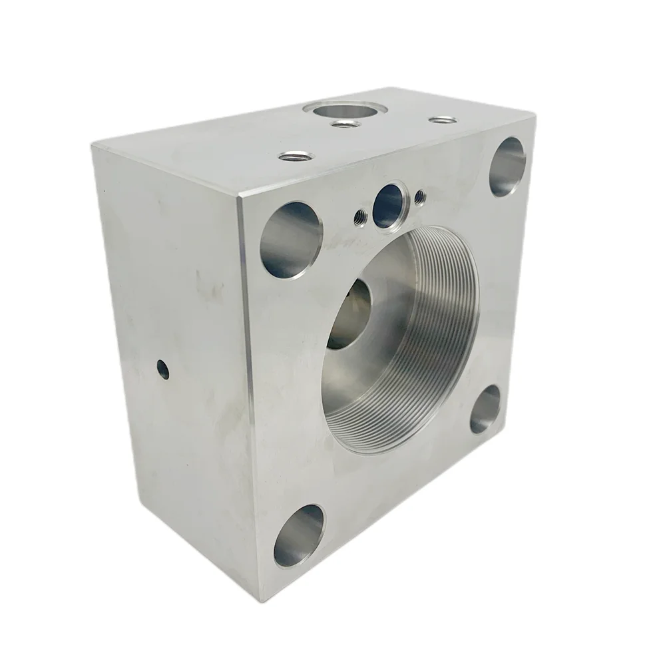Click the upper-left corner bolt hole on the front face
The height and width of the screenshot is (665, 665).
(291, 239)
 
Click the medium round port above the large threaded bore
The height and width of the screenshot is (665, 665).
(389, 202)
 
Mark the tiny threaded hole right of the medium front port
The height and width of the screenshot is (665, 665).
(420, 196)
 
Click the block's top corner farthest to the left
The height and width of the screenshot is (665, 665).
(93, 144)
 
